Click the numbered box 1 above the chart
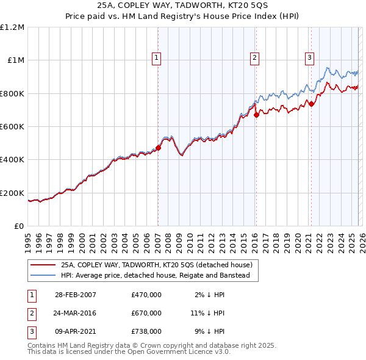pos(157,58)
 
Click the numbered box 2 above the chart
pos(254,58)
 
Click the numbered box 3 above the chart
pos(309,58)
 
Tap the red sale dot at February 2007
pos(158,148)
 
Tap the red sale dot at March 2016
pos(256,114)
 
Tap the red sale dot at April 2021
pos(311,104)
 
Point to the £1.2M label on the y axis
pos(12,27)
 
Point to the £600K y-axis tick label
pos(12,126)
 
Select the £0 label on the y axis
pos(18,226)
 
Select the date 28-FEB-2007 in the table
pos(76,295)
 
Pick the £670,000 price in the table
pos(146,313)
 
